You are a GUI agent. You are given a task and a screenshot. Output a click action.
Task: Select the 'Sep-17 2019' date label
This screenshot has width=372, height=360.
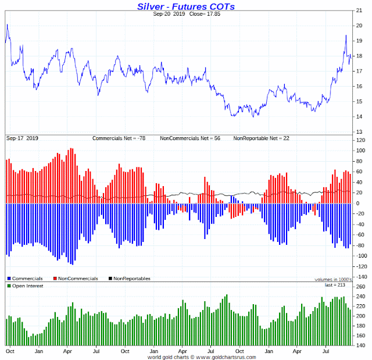[22, 138]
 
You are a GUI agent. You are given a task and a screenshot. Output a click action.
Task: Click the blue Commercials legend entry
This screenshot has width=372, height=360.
[26, 279]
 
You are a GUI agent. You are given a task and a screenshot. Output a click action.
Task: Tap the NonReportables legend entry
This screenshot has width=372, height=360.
[129, 279]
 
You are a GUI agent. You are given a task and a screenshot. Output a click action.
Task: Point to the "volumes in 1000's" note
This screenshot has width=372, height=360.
[330, 279]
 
